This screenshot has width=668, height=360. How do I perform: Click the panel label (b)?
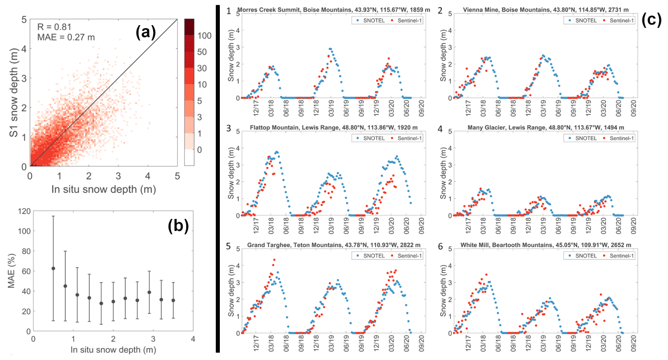178,226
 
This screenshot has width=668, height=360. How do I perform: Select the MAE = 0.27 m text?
66,37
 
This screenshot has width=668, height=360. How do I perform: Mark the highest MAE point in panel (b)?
53,268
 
